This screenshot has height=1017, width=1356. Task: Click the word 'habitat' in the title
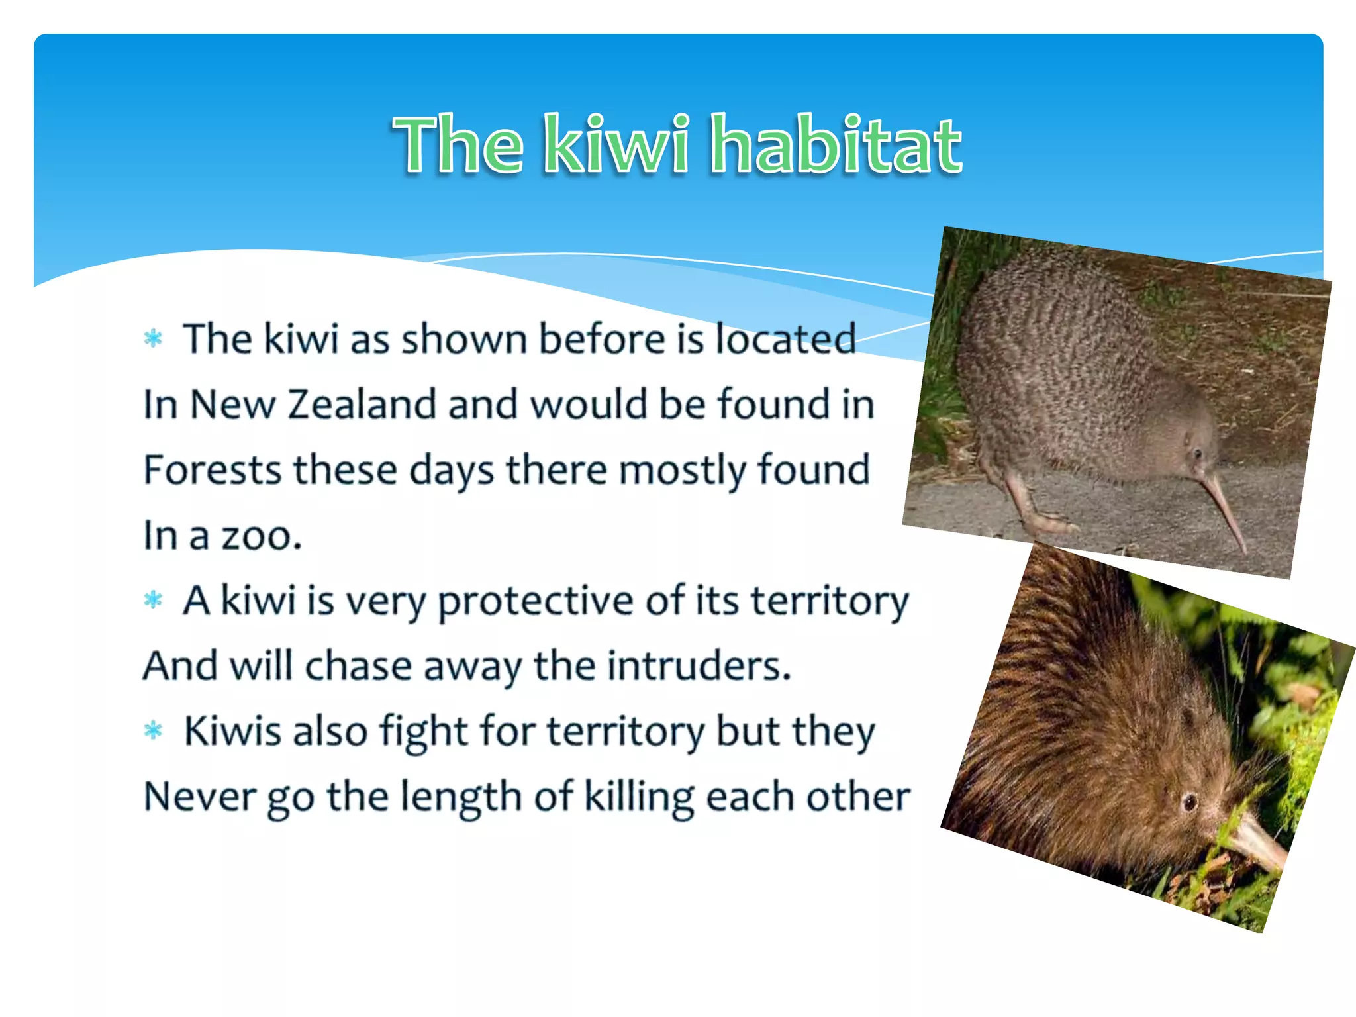[x=836, y=144]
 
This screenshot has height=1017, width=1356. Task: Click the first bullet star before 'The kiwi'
[x=153, y=339]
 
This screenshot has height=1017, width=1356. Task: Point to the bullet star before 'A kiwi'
[x=153, y=600]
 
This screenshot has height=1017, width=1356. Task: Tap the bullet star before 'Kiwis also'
[x=153, y=731]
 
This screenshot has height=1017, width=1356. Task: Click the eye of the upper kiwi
[x=1197, y=454]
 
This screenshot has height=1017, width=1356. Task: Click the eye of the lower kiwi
[x=1190, y=802]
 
